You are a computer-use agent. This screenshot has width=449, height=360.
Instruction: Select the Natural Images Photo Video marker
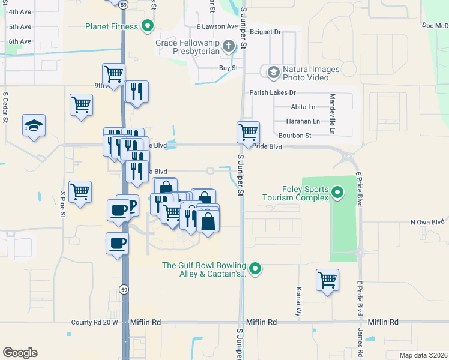(273, 73)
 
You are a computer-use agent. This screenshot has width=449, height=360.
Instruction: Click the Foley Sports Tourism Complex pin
(337, 193)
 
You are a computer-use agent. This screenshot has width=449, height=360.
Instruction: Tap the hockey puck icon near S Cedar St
(34, 125)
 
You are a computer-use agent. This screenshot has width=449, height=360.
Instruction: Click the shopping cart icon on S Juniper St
(248, 131)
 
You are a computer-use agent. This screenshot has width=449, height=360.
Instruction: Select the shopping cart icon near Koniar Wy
(327, 279)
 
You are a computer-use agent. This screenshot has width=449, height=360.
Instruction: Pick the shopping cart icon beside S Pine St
(80, 192)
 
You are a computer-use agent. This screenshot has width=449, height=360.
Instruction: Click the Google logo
(20, 353)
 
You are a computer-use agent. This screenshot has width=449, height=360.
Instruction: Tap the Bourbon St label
(294, 136)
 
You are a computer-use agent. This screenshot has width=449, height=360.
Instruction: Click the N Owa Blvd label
(429, 222)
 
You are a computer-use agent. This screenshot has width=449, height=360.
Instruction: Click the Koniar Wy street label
(298, 302)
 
